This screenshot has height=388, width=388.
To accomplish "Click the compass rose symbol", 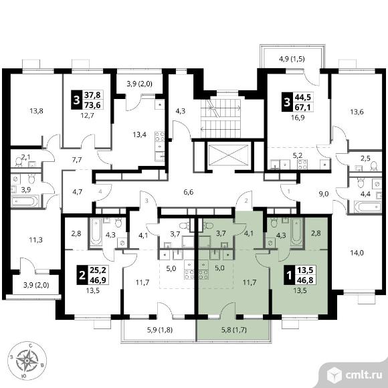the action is [x=27, y=361].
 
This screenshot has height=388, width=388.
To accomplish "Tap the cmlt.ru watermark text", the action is [x=363, y=375].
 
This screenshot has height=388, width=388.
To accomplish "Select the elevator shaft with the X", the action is [x=228, y=155].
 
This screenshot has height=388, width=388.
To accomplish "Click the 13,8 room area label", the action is [x=36, y=111].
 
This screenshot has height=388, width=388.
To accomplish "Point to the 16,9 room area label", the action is [x=298, y=118].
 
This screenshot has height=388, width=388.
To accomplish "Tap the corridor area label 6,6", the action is [x=188, y=192].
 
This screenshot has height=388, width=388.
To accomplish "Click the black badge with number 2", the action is [x=82, y=275].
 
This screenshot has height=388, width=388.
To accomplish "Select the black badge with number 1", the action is [x=289, y=275].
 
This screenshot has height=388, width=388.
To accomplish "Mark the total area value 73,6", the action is [x=92, y=105].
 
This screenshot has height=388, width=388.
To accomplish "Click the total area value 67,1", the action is [x=302, y=108].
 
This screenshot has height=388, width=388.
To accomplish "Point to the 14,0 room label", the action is [x=357, y=253].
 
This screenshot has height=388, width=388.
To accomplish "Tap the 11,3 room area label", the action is [x=35, y=239].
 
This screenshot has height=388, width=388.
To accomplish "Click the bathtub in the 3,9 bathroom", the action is [x=25, y=201].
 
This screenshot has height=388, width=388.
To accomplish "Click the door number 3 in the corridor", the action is [x=147, y=201].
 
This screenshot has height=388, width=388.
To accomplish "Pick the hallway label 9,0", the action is [x=324, y=194].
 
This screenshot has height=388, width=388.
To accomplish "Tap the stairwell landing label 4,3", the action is [x=181, y=111].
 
